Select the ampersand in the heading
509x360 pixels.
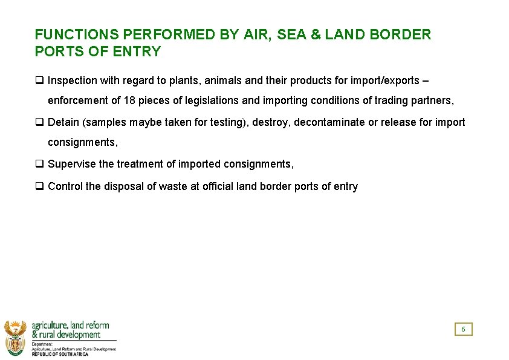(316, 34)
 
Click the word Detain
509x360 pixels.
(63, 122)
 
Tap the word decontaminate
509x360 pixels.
(329, 122)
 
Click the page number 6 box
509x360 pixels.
(463, 329)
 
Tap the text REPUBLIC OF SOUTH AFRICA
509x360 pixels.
(60, 354)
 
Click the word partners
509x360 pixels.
(432, 100)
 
